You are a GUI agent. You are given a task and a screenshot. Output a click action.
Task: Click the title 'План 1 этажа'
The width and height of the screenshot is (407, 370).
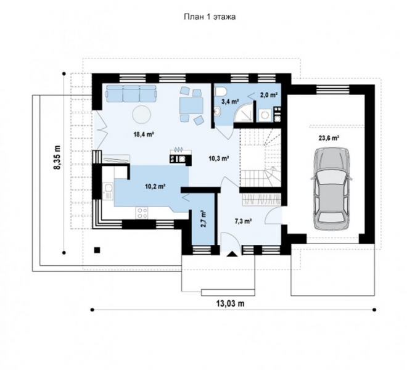coord(210,17)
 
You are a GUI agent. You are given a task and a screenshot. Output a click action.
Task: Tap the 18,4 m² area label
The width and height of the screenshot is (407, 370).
coord(144,134)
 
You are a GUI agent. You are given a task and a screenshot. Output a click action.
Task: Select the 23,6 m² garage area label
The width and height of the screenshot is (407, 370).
coord(329,138)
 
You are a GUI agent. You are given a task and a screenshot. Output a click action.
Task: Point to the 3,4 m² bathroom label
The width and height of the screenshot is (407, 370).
coord(230,102)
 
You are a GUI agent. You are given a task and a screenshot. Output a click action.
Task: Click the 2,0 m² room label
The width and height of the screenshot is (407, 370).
coord(269,96)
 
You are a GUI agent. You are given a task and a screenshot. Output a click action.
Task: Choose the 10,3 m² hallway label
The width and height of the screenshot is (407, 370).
coord(219,158)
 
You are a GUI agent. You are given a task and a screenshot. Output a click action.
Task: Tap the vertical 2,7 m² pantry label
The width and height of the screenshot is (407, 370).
coord(203,219)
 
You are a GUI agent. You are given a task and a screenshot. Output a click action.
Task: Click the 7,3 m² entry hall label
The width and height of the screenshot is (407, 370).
coord(244,221)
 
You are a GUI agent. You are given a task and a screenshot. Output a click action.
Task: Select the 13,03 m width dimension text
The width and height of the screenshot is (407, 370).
coord(231,303)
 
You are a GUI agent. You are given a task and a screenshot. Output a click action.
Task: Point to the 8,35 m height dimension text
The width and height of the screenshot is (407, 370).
coord(57,157)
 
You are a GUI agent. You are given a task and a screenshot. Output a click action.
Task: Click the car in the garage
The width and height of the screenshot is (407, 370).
coord(332,189)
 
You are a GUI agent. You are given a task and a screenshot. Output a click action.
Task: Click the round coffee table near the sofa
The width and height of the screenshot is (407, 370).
coord(142,115)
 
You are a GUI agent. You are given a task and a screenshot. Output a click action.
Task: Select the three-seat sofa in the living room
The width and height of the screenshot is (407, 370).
coord(131,94)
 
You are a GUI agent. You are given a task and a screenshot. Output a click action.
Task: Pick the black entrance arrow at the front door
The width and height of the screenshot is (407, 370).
coord(232,254)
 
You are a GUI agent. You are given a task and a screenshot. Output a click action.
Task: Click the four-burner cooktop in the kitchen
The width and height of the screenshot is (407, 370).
coord(142,213)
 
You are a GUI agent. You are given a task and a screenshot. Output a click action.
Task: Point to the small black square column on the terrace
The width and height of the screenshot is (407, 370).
coord(97,250)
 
